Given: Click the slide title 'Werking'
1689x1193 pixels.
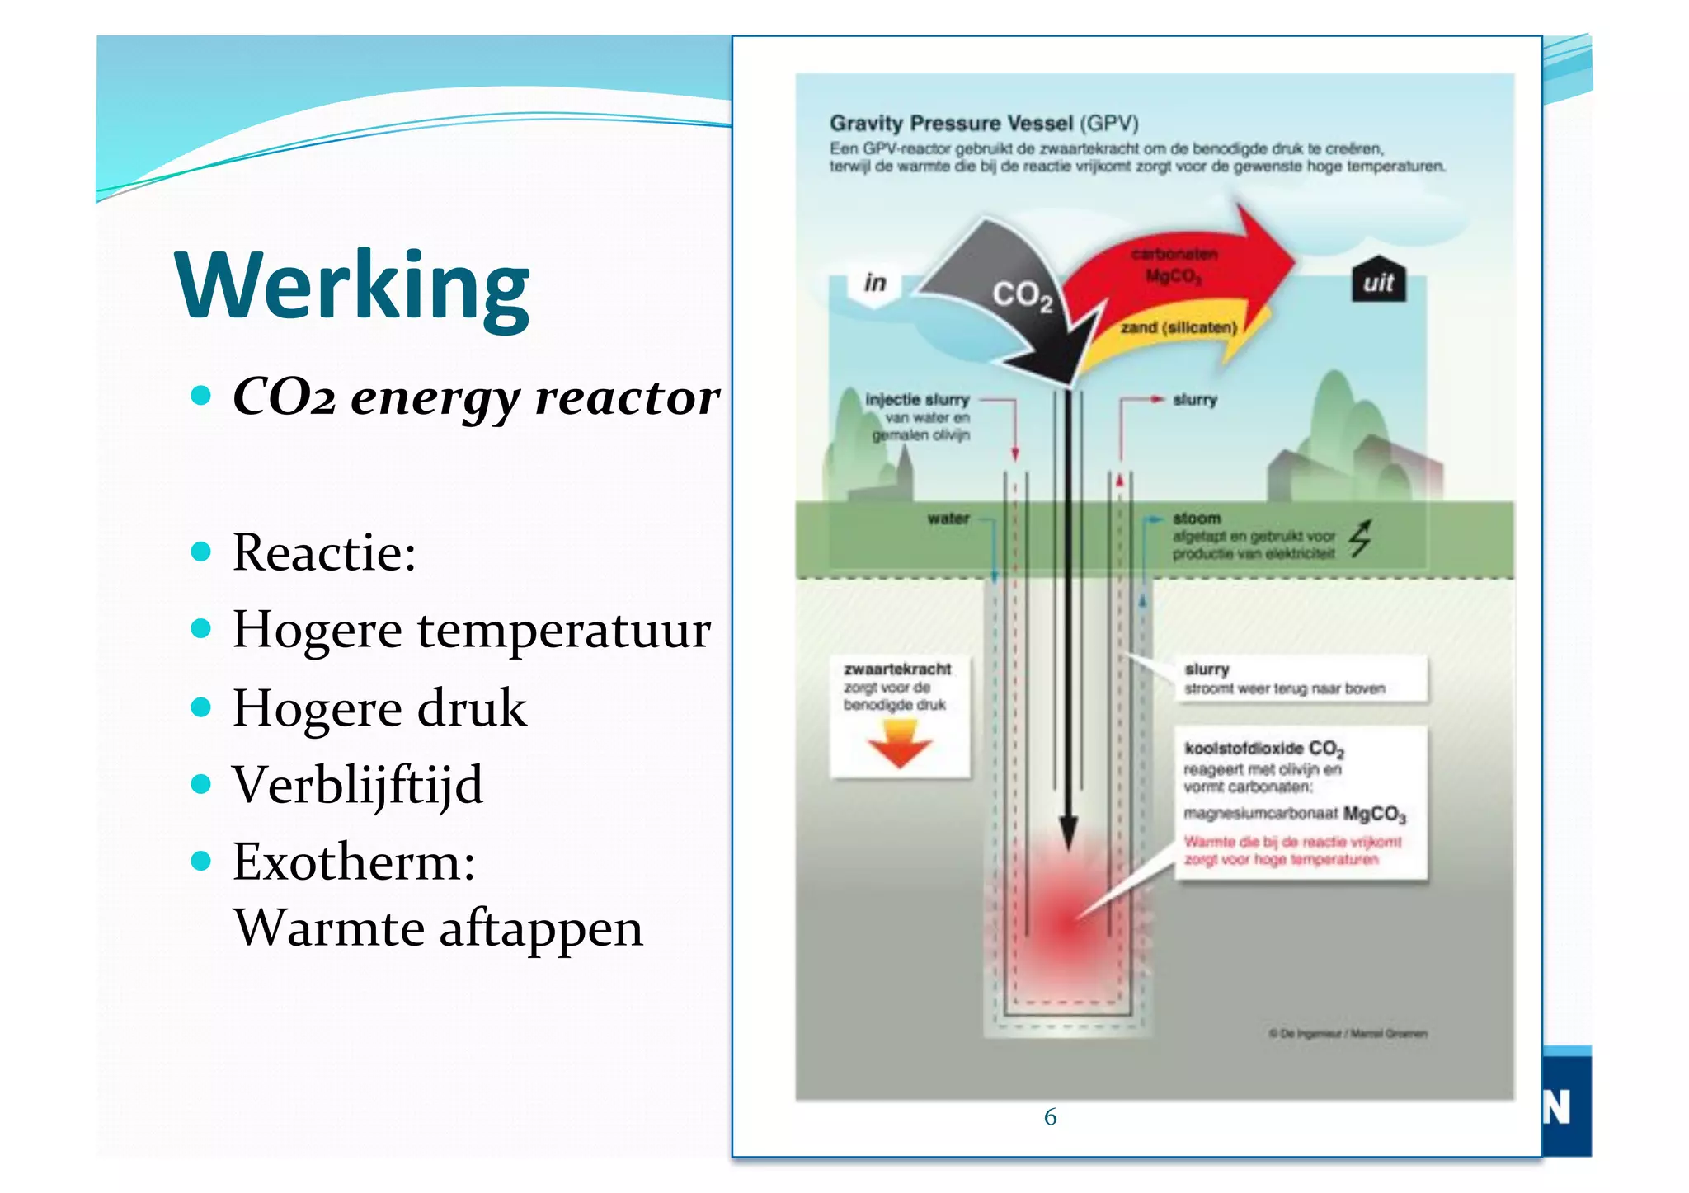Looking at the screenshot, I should click(352, 286).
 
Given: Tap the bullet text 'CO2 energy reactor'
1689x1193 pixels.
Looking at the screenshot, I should click(477, 397).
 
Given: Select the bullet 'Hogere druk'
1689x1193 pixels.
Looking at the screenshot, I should click(379, 708).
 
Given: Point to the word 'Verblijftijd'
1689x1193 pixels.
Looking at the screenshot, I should click(357, 785).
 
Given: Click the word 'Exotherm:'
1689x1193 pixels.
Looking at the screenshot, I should click(354, 862).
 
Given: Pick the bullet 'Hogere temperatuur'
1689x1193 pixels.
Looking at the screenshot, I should click(471, 631).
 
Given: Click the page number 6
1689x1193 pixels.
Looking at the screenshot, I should click(1050, 1117).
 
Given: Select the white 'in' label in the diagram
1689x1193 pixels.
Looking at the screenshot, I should click(875, 284).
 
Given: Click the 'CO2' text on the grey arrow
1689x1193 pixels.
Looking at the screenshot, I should click(1022, 295).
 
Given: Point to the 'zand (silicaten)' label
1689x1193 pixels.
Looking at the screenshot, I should click(1179, 328).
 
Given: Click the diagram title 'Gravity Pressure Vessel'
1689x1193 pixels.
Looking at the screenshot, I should click(951, 124).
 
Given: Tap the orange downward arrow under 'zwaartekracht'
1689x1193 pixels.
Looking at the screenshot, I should click(899, 743).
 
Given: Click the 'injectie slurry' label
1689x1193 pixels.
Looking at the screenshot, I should click(917, 400).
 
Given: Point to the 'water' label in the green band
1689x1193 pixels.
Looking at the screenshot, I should click(948, 519).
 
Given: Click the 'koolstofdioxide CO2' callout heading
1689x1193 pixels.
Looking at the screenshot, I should click(1263, 749).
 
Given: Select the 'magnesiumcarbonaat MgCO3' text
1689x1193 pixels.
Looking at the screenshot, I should click(1294, 815).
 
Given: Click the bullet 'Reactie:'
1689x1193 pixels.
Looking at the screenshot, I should click(324, 552).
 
